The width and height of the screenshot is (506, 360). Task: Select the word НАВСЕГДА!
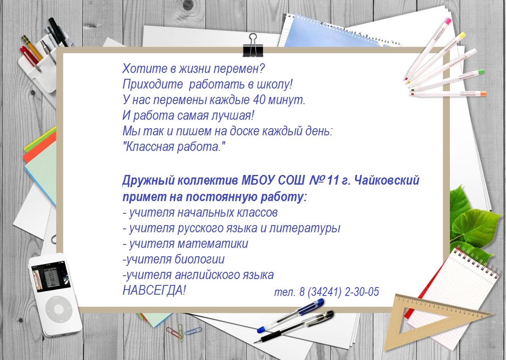154,290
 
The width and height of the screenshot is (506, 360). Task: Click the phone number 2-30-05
362,292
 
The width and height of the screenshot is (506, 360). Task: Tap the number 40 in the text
259,100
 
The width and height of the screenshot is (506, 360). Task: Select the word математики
213,244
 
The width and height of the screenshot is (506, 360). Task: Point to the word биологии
199,259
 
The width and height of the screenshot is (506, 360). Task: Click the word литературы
304,228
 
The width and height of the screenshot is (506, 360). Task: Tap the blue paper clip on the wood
193,331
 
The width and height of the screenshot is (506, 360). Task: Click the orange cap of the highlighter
483,93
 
